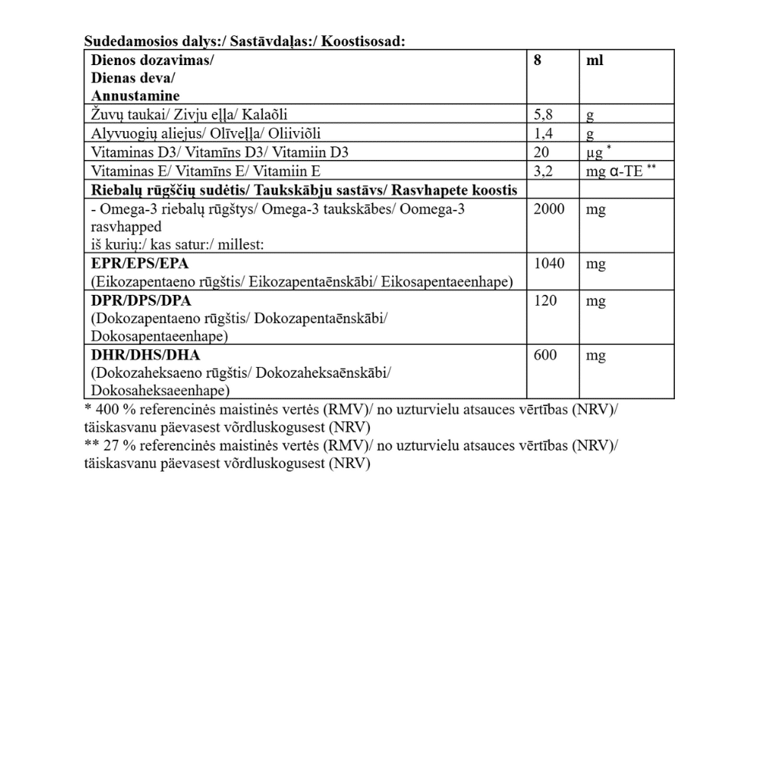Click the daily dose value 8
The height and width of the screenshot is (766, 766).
point(537,60)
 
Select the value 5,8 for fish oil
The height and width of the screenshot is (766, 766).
point(542,115)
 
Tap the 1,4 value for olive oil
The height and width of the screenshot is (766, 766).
point(542,134)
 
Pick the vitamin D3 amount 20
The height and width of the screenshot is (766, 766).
point(542,152)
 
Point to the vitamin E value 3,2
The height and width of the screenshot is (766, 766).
point(542,171)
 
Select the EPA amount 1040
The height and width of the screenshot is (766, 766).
point(549,264)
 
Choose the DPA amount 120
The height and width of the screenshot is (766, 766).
point(545,301)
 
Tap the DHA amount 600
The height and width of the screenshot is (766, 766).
point(545,355)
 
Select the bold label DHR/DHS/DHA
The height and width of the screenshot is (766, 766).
point(140,355)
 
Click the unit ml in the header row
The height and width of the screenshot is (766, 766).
point(594,60)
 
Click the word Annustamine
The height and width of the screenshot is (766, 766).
point(136,97)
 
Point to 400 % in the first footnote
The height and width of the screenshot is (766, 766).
point(110,409)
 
